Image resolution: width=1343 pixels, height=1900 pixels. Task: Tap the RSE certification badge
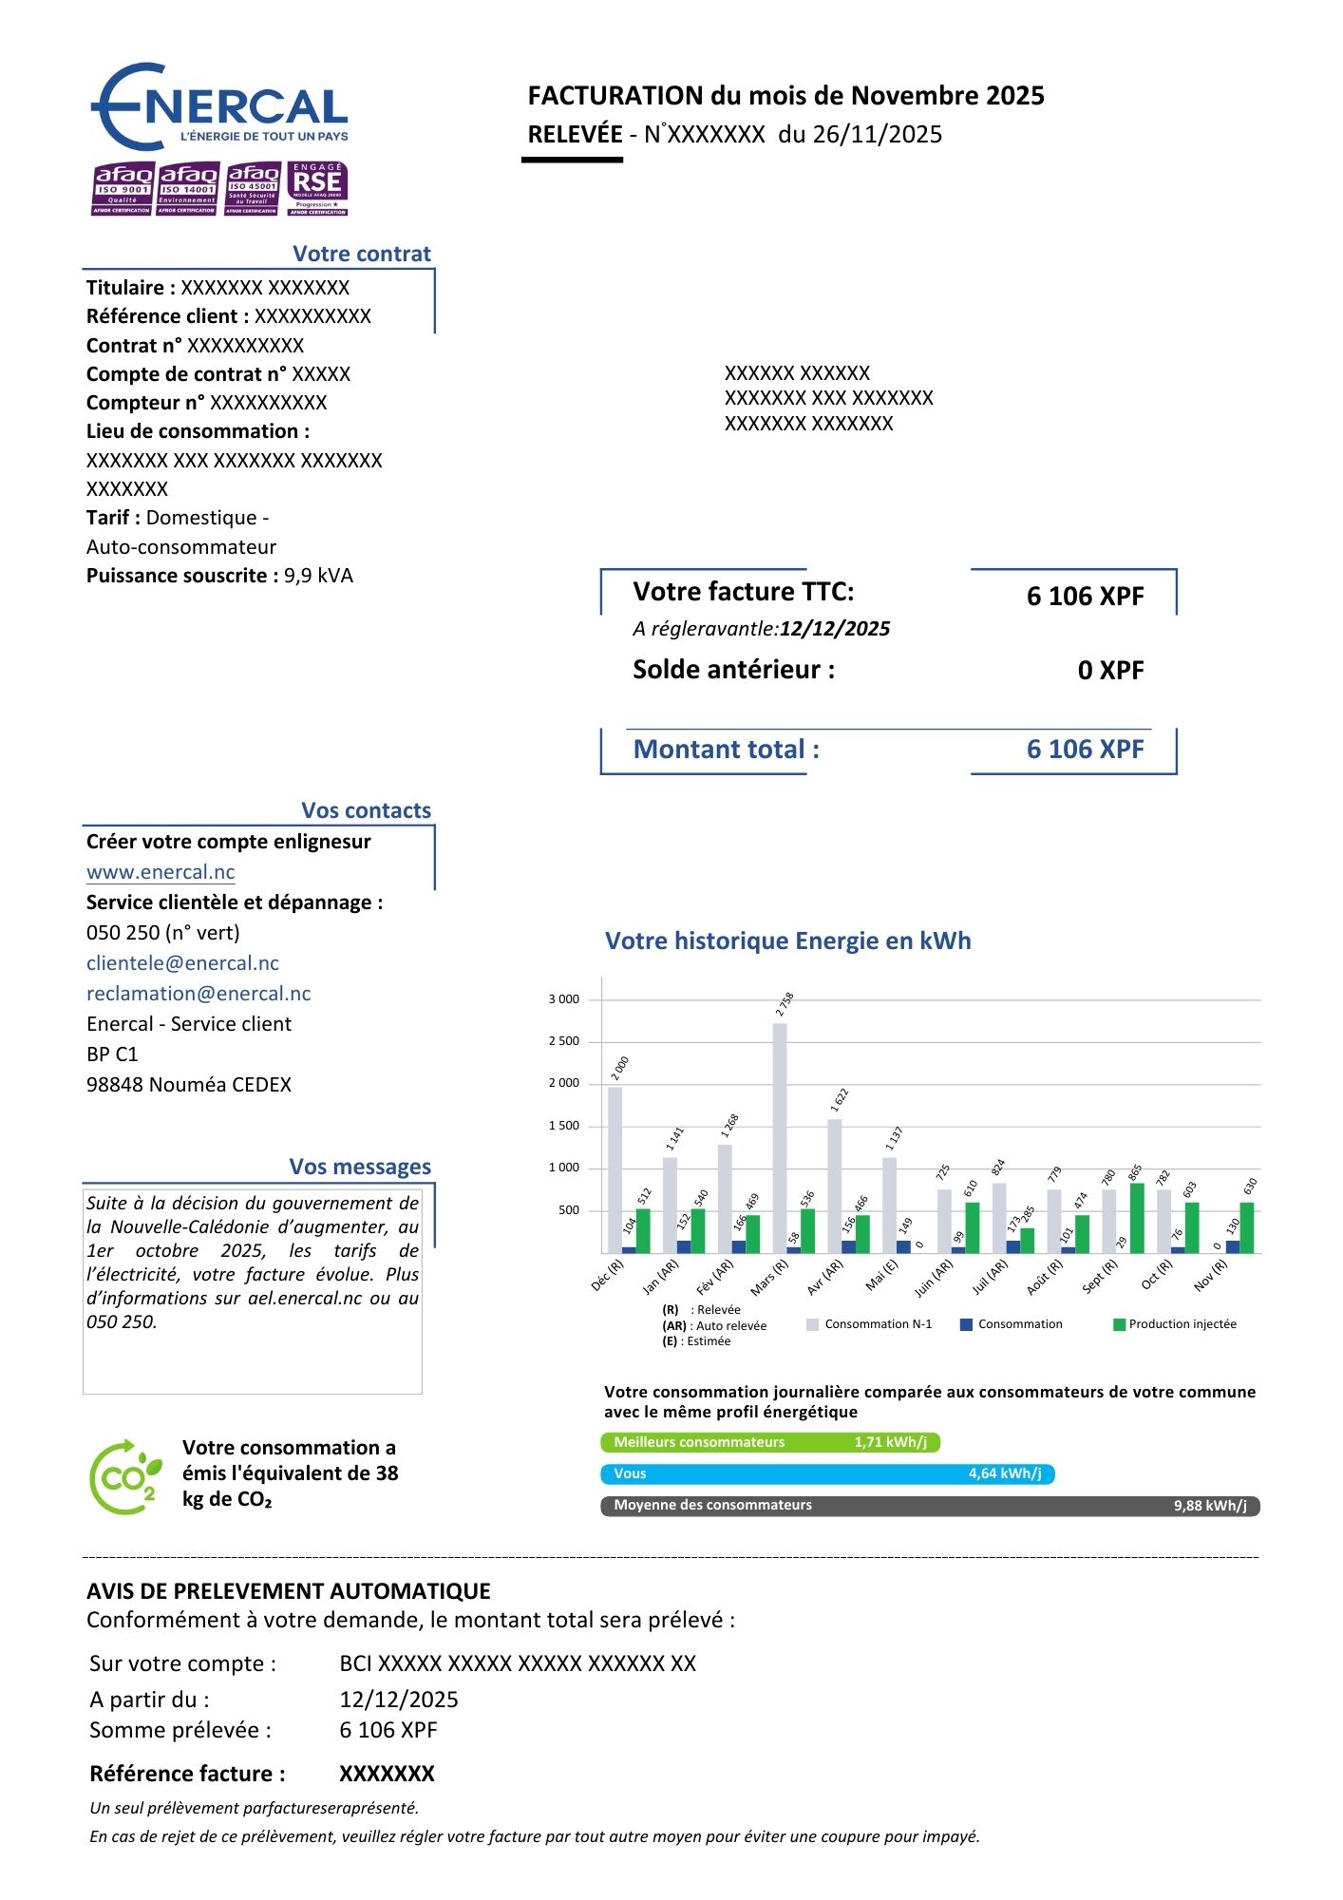[317, 188]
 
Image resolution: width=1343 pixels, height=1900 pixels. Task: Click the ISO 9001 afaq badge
[122, 188]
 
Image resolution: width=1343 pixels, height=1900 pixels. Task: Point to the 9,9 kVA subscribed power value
[318, 576]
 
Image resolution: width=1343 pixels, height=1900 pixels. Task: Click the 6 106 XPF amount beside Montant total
[1085, 750]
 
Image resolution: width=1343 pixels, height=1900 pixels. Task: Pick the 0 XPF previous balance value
[1110, 671]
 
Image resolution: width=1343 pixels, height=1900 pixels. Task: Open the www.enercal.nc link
[161, 872]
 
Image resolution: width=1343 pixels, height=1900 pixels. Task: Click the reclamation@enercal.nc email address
[199, 994]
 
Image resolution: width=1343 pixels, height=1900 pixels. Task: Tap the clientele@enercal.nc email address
[182, 963]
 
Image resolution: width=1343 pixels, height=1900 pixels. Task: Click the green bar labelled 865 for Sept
[1137, 1218]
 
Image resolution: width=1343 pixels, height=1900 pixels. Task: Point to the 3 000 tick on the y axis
[563, 999]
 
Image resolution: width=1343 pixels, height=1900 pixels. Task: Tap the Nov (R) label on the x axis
[1211, 1275]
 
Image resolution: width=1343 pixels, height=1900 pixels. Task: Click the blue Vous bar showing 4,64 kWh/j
[827, 1473]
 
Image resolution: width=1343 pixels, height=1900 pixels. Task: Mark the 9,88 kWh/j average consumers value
[1210, 1506]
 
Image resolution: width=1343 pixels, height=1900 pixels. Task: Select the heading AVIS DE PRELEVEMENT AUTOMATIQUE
[289, 1591]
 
